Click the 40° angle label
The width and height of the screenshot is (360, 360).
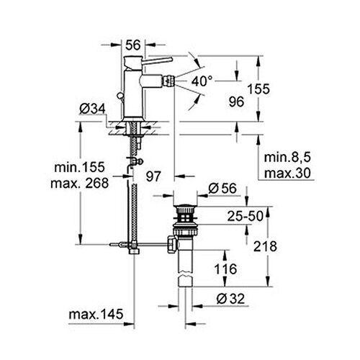pyautogui.click(x=202, y=81)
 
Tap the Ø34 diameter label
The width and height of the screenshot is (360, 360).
pyautogui.click(x=92, y=109)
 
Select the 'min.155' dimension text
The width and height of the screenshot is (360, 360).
pyautogui.click(x=80, y=167)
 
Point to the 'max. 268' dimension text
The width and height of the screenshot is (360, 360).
pyautogui.click(x=80, y=183)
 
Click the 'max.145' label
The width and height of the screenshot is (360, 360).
pyautogui.click(x=96, y=314)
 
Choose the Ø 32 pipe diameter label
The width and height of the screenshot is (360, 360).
pyautogui.click(x=230, y=299)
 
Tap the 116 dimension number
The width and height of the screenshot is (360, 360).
pyautogui.click(x=225, y=269)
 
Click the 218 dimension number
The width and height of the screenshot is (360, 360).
pyautogui.click(x=265, y=246)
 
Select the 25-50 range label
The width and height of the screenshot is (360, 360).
pyautogui.click(x=246, y=216)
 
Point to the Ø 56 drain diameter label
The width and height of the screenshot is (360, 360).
pyautogui.click(x=222, y=188)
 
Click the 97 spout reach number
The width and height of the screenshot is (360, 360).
pyautogui.click(x=153, y=176)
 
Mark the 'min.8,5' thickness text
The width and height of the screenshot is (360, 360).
pyautogui.click(x=287, y=158)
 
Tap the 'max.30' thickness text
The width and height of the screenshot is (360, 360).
pyautogui.click(x=287, y=173)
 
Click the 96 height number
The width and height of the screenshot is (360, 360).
pyautogui.click(x=236, y=102)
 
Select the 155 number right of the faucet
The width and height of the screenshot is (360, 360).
pyautogui.click(x=258, y=89)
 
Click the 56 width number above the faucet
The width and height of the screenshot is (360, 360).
pyautogui.click(x=133, y=45)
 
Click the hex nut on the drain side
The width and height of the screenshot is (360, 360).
pyautogui.click(x=172, y=244)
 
